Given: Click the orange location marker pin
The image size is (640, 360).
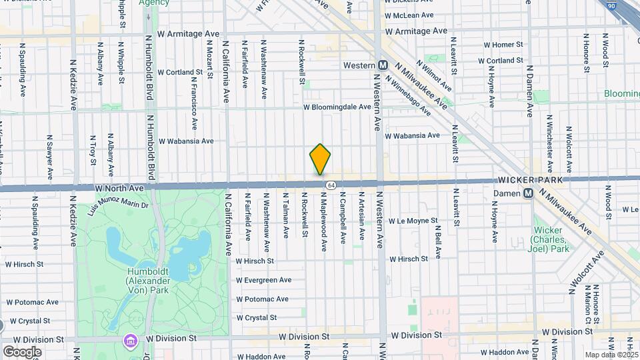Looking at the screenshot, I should (320, 159).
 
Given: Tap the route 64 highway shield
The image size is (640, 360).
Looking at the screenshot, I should (330, 184).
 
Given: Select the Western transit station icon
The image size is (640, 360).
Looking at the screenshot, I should (383, 65).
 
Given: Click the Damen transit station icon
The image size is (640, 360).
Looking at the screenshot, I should (527, 193).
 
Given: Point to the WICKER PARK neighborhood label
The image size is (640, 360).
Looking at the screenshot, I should (530, 181).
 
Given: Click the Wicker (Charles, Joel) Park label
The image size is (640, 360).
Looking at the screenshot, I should (551, 239).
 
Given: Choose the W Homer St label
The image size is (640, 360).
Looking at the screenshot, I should (501, 45).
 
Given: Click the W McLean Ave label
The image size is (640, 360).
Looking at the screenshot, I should (409, 15).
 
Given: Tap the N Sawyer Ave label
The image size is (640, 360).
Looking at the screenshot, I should (49, 157).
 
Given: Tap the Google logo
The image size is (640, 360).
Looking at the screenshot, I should (22, 351).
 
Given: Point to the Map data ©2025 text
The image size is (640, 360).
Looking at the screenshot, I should (611, 355).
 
